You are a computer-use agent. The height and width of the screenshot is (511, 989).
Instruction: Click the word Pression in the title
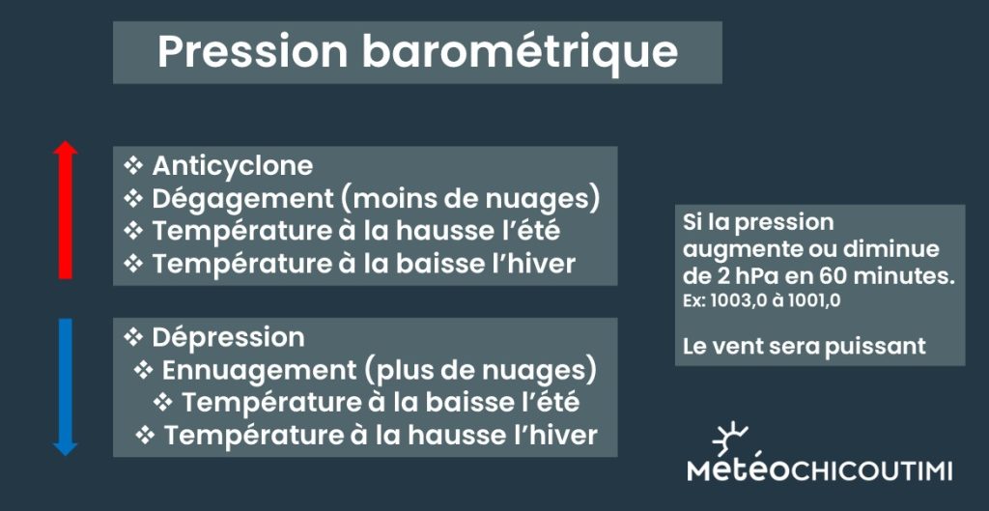[252, 52]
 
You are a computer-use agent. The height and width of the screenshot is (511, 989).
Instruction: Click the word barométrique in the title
[520, 53]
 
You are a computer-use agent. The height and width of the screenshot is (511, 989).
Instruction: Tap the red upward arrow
[65, 210]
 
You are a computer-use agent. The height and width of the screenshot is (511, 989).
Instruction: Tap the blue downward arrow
[65, 386]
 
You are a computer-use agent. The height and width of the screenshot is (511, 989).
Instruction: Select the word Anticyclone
[232, 166]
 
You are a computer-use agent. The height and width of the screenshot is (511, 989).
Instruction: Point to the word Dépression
[228, 338]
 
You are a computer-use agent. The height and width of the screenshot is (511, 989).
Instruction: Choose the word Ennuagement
[259, 372]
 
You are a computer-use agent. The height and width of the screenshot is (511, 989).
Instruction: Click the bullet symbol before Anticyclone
[133, 166]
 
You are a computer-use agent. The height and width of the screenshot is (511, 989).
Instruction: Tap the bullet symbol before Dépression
[133, 337]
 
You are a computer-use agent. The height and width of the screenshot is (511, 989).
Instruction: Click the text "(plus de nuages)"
[480, 372]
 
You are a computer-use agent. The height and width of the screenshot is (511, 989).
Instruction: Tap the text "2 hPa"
[741, 277]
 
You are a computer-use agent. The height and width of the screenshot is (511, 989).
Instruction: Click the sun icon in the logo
[731, 439]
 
